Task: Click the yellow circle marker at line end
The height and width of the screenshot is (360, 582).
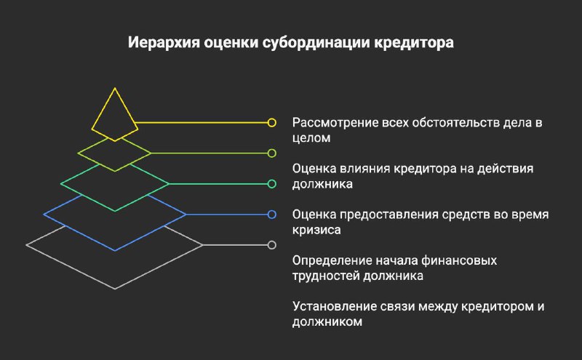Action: (x=271, y=122)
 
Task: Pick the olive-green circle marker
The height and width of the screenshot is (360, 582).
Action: (x=271, y=153)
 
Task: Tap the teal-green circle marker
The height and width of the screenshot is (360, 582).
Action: (x=271, y=184)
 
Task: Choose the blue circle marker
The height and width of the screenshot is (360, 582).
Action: (x=271, y=215)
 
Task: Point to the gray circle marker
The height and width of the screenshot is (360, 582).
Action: (x=271, y=245)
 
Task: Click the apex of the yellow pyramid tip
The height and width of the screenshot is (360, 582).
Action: (x=115, y=88)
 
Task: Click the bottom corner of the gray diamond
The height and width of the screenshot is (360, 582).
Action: (x=115, y=289)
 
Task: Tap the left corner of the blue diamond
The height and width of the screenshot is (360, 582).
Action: (x=44, y=214)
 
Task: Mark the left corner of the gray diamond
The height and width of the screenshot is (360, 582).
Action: (x=26, y=245)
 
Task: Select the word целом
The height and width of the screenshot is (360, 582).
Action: (x=311, y=138)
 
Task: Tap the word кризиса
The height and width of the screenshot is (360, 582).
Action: (x=316, y=230)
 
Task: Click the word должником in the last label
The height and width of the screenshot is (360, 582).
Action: (x=327, y=321)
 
